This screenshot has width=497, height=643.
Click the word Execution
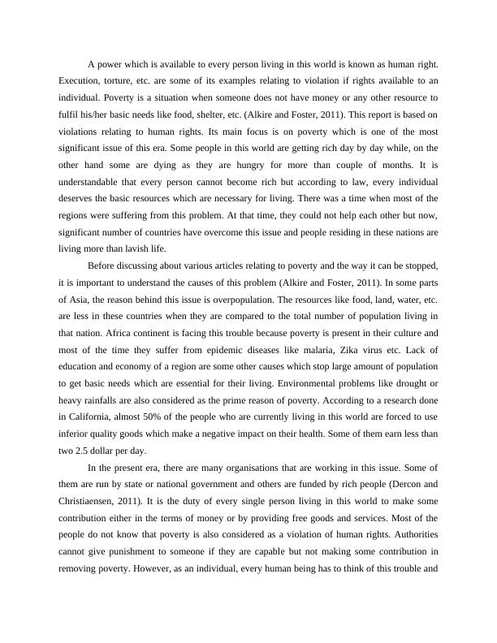80,82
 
